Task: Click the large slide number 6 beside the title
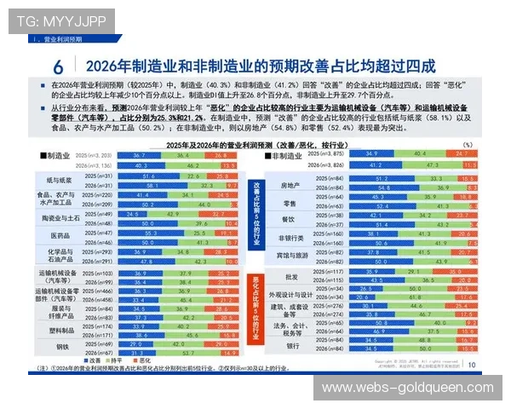coord(57,66)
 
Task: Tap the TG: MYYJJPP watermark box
coord(49,20)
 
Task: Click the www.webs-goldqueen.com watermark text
coord(407,388)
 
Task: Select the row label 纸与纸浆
coord(59,180)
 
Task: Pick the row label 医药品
coord(60,235)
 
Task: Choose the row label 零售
coord(290,203)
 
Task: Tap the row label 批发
coord(290,275)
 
